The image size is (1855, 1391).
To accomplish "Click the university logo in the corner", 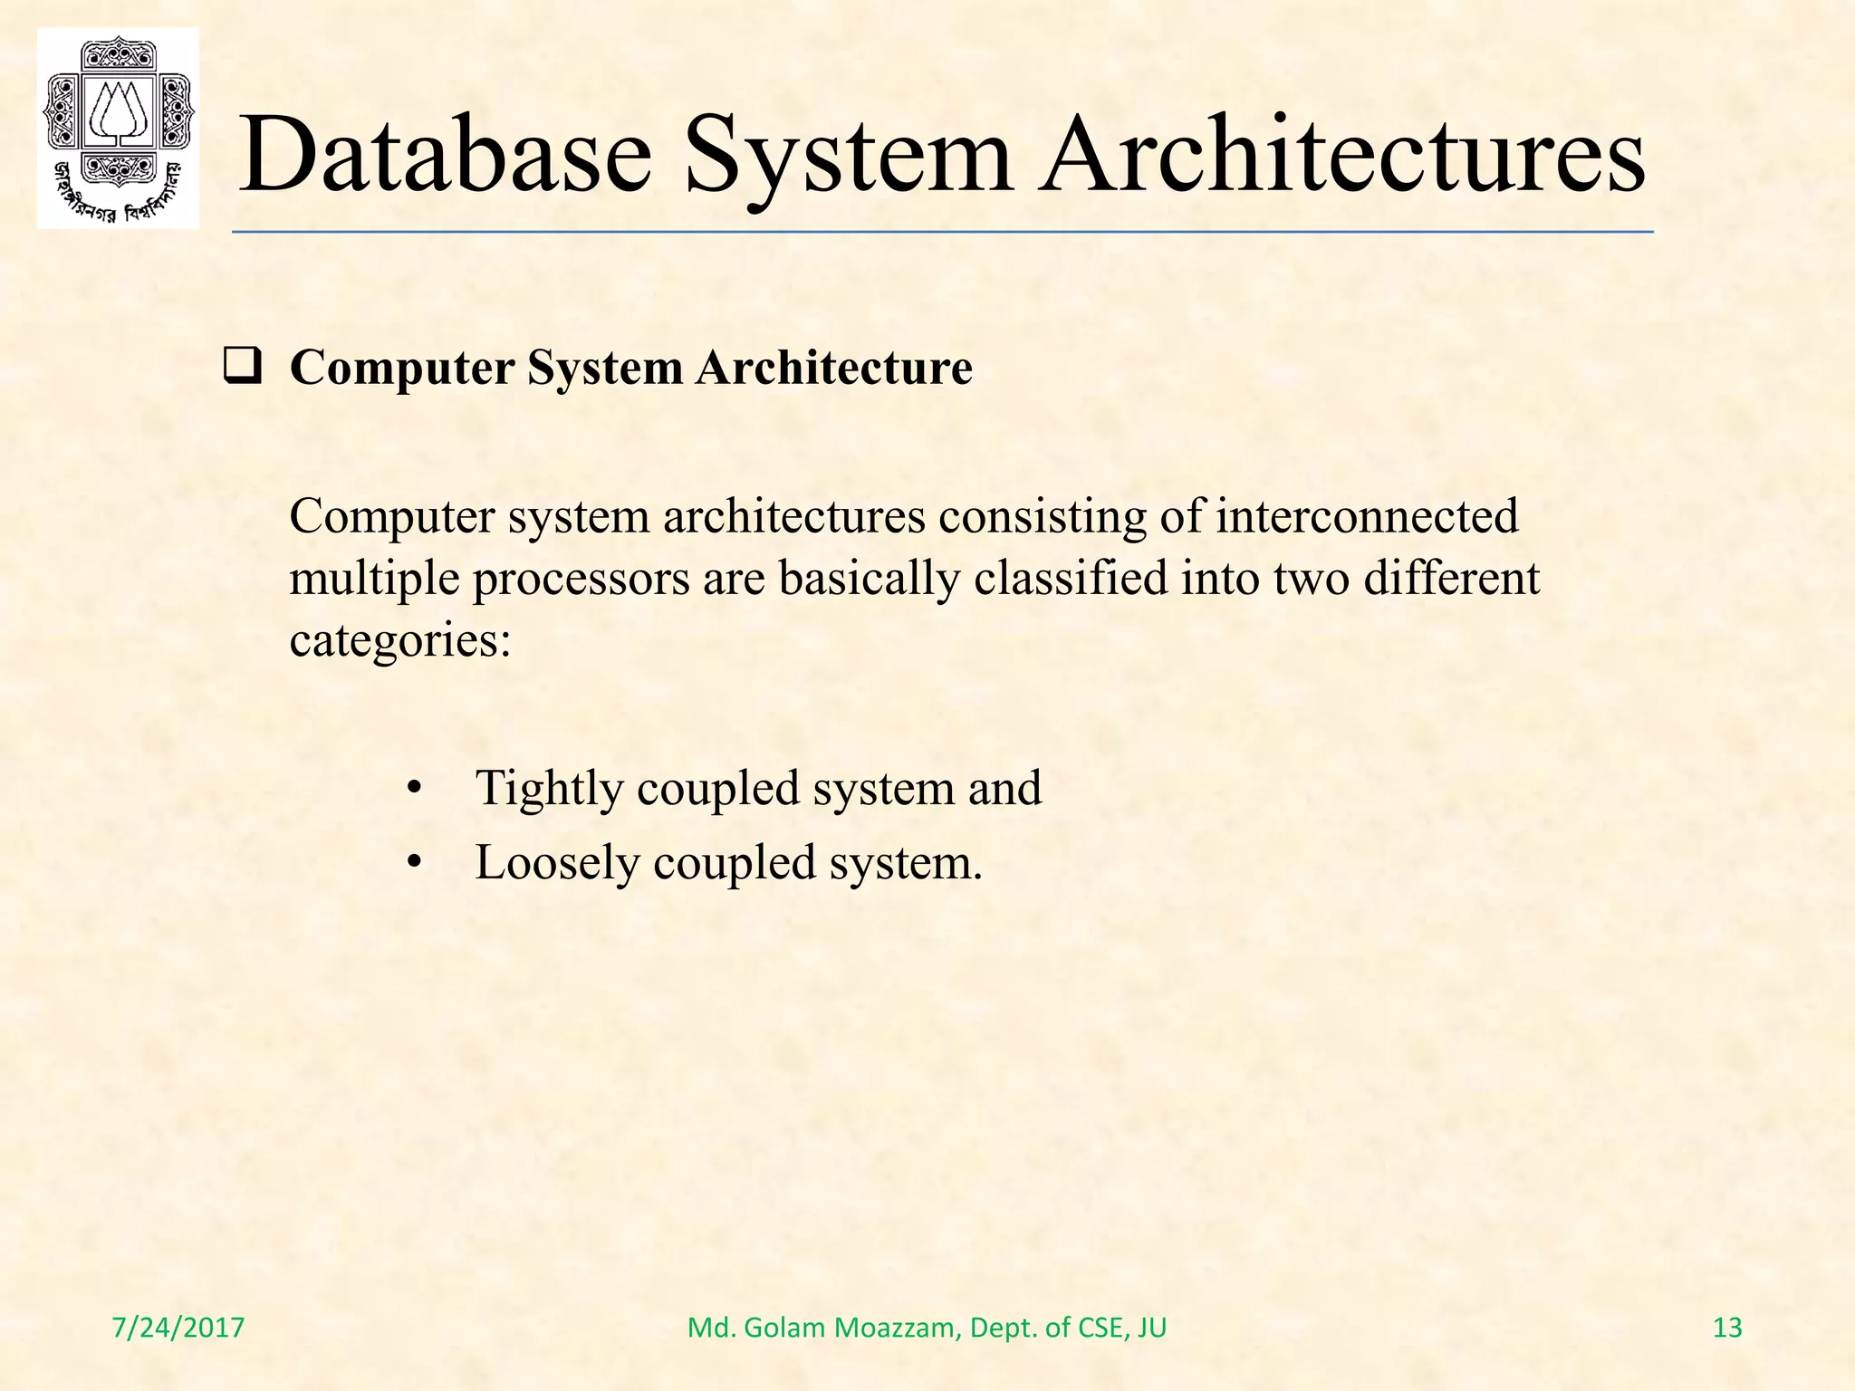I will (x=118, y=128).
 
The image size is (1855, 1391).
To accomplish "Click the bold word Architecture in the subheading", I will (x=834, y=369).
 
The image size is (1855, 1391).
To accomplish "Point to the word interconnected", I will (x=1366, y=517).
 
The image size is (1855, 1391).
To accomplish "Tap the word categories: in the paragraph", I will (x=400, y=640).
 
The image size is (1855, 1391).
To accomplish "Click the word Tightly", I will (x=549, y=788).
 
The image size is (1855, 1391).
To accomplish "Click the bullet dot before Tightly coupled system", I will (x=414, y=789).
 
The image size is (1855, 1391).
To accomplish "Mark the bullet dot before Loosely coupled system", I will (x=414, y=863).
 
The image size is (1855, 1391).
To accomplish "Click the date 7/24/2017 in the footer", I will (x=178, y=1328).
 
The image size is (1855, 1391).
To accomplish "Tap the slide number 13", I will (x=1727, y=1328).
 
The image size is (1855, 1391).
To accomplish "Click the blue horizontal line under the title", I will (x=942, y=233).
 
